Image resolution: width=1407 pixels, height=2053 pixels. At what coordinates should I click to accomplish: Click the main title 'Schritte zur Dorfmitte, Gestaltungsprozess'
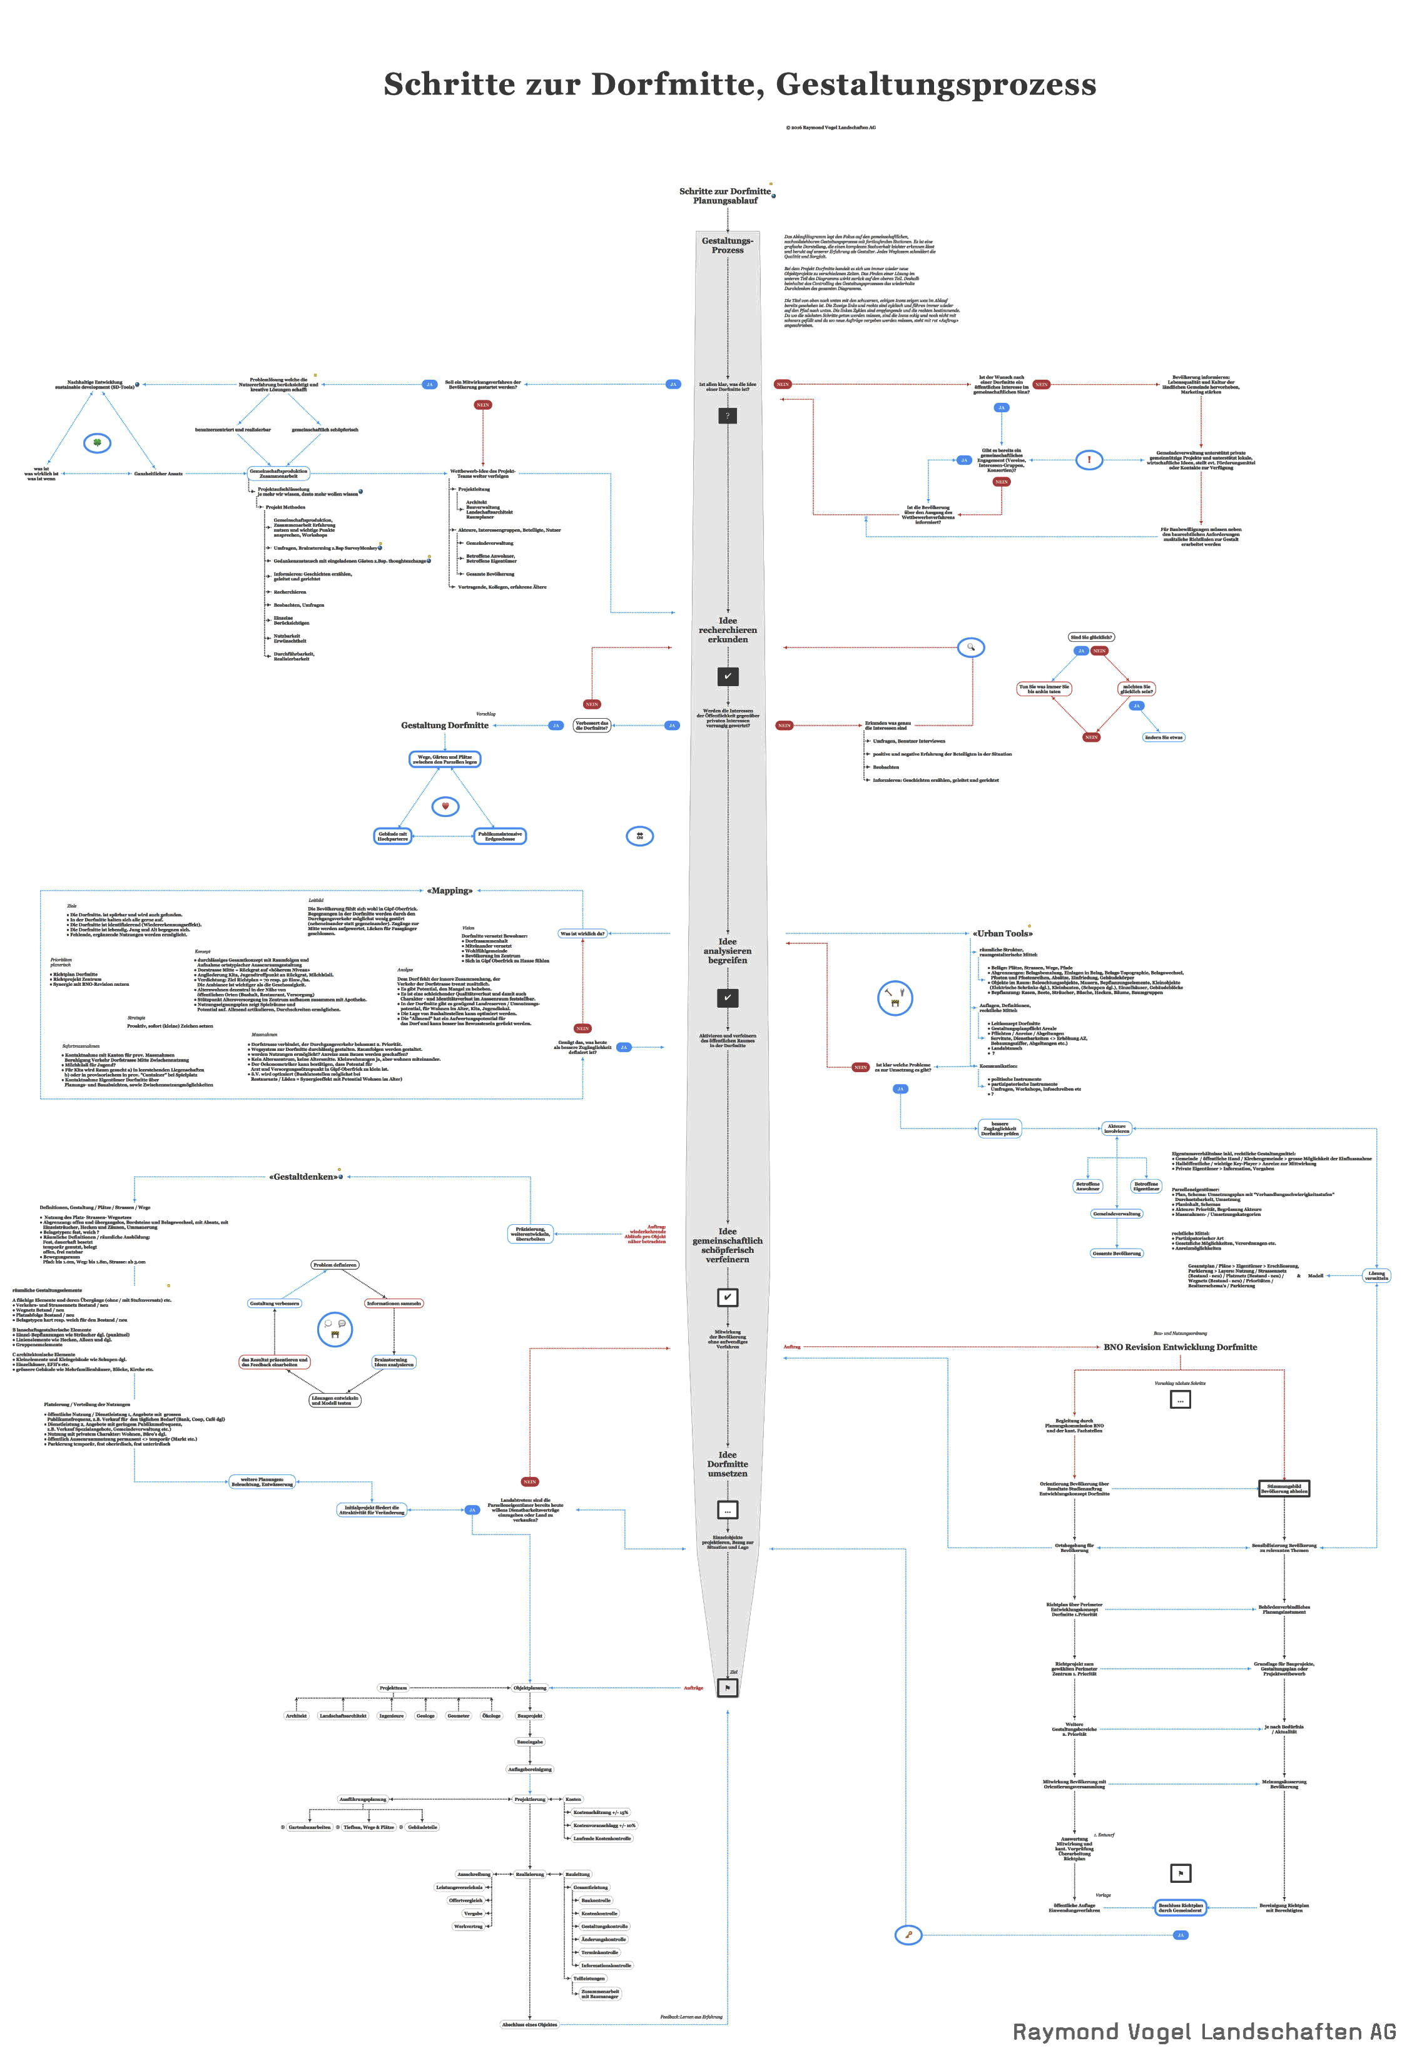tap(739, 84)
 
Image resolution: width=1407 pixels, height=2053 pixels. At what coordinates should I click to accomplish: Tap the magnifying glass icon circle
tap(971, 647)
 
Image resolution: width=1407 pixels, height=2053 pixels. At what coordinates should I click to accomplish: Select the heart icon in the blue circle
tap(445, 806)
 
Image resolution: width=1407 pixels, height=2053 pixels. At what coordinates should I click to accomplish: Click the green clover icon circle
tap(97, 443)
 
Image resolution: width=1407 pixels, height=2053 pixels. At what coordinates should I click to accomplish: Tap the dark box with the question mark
tap(727, 415)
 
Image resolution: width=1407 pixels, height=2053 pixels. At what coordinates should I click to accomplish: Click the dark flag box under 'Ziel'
tap(728, 1687)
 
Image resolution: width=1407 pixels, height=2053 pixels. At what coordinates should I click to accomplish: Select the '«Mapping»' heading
tap(450, 891)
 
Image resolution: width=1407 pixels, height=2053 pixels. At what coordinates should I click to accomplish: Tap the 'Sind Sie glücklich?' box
tap(1091, 637)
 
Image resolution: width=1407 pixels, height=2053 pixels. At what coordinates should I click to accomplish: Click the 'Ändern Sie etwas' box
tap(1163, 737)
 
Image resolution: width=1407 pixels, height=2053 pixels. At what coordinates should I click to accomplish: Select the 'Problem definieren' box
tap(335, 1265)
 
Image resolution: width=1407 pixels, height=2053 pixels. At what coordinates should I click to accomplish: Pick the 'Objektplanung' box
tap(530, 1687)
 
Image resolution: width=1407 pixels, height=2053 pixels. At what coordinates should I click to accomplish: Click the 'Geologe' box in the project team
tap(425, 1716)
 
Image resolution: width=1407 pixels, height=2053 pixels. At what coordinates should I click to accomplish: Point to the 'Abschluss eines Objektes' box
tap(529, 2024)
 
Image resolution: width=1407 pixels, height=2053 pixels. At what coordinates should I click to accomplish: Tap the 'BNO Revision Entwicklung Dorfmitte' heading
tap(1180, 1347)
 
